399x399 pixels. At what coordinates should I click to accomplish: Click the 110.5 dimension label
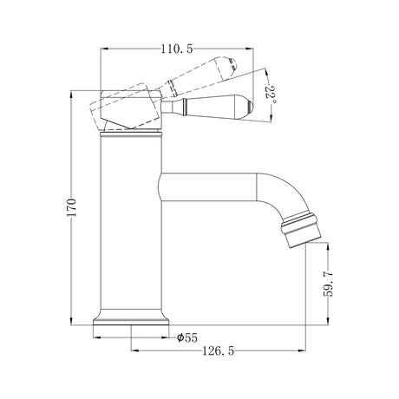[177, 49]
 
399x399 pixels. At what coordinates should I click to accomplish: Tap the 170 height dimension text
[71, 207]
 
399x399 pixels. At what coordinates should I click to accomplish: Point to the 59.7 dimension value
[328, 284]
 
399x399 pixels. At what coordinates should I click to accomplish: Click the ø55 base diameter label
[187, 337]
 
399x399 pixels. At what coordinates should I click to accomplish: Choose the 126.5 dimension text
[218, 351]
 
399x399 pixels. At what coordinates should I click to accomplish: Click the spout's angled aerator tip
[301, 231]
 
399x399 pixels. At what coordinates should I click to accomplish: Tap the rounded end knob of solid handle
[250, 108]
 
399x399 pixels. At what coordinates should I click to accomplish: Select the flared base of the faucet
[131, 318]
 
